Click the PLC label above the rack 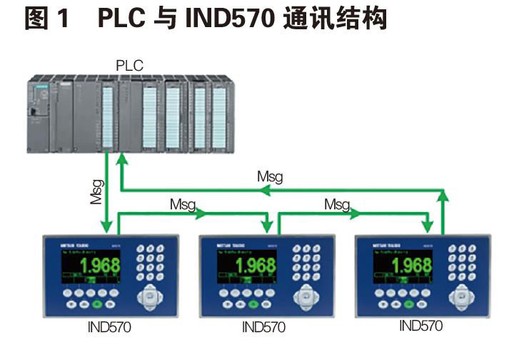pos(129,66)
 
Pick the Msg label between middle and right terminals pos(337,204)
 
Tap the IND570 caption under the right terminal pos(420,326)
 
